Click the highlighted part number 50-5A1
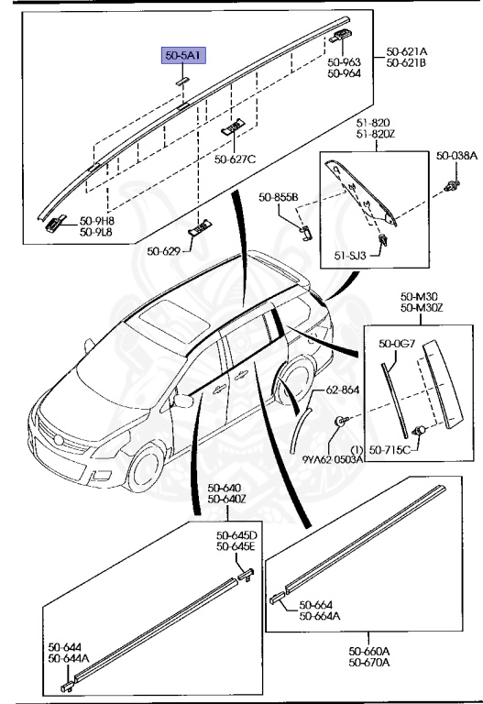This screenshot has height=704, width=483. (x=180, y=57)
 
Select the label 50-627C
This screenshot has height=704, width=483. (x=236, y=159)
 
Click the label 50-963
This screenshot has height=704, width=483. (x=345, y=63)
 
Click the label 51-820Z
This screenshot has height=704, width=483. (x=361, y=134)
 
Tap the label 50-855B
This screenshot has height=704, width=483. (x=277, y=196)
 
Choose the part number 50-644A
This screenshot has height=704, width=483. (x=70, y=658)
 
